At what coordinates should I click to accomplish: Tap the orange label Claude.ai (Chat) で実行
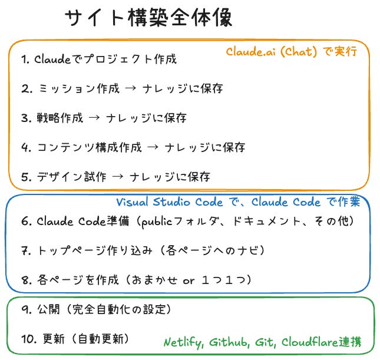point(291,52)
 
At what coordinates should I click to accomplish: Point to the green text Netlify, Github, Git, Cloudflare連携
point(262,342)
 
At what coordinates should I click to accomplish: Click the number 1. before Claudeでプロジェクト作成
point(25,60)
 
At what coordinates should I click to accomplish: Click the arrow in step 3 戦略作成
point(94,118)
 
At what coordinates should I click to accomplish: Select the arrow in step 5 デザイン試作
point(118,177)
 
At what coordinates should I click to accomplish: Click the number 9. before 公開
point(26,309)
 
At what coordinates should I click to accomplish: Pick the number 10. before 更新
point(29,339)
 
